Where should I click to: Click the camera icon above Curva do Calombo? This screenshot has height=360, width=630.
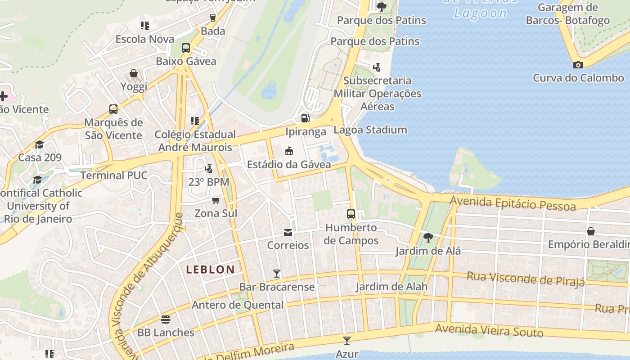[578, 65]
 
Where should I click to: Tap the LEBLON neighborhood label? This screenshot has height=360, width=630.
[211, 270]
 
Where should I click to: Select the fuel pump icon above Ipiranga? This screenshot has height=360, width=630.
[305, 118]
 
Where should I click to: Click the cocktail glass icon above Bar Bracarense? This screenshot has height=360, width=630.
[277, 273]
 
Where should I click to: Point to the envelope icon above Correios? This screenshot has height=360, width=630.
[288, 232]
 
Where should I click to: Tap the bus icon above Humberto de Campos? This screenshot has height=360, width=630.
[351, 214]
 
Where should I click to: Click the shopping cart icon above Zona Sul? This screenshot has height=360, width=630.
[216, 200]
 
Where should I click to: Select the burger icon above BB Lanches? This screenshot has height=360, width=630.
[166, 319]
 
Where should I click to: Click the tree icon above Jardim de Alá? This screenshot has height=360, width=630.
[428, 237]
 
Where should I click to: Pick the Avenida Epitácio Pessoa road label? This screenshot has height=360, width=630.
[513, 203]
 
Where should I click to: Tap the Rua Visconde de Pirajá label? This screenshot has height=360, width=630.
[526, 279]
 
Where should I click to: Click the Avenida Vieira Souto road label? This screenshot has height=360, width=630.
[489, 331]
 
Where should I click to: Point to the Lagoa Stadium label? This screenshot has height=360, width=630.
[370, 130]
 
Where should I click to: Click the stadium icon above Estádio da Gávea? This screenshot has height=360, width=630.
[289, 151]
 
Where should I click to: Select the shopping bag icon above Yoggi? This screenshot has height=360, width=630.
[134, 73]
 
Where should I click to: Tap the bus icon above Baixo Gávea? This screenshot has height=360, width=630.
[186, 48]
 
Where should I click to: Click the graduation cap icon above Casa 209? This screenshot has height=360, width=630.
[40, 144]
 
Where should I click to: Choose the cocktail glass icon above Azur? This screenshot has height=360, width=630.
[347, 340]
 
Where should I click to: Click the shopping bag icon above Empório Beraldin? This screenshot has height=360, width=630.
[590, 231]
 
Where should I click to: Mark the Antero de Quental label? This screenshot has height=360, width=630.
[238, 305]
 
